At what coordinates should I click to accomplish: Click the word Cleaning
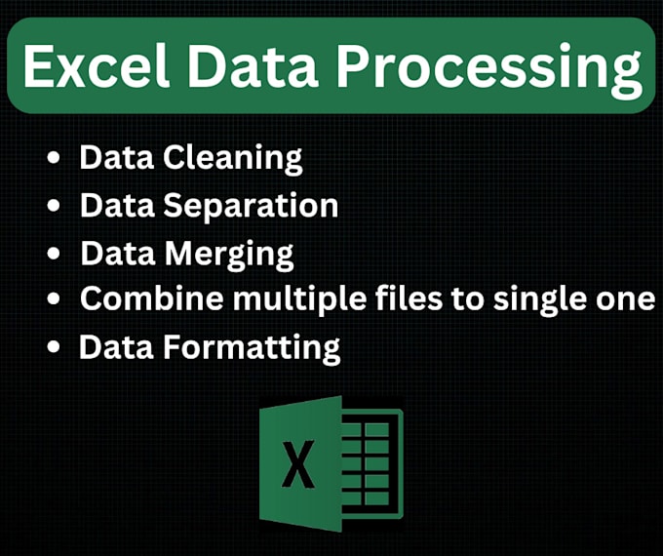coord(234,158)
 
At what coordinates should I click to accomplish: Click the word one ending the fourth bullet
coord(631,299)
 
